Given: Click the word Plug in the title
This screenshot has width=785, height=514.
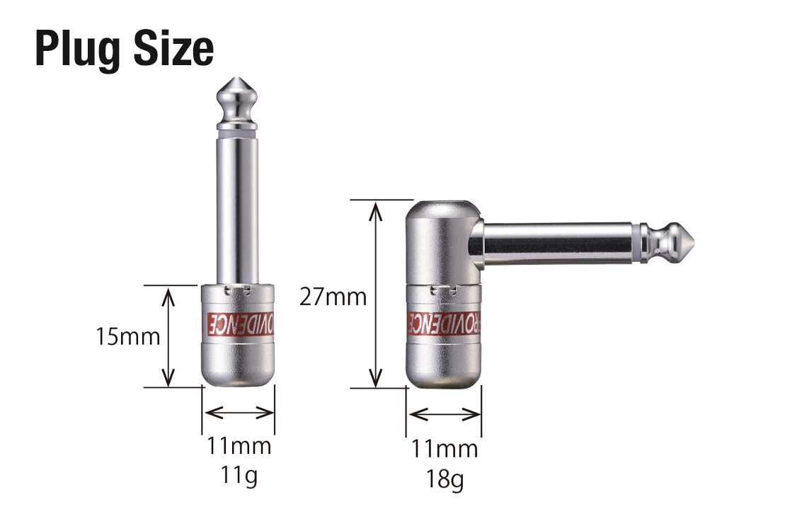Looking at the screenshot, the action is pos(78,49).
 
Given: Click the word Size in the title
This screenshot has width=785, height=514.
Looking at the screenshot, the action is pos(173,48).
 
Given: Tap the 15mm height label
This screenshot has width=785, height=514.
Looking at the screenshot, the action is pos(127,336).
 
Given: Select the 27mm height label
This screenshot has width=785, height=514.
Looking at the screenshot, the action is pos(333,297).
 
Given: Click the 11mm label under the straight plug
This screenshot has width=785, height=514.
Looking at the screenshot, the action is pos(239,445).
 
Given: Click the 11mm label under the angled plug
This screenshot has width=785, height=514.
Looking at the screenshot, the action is pos(445,449).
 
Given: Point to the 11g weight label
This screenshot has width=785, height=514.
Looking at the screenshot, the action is pos(239,475).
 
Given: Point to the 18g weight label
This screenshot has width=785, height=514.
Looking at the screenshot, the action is pos(445,479).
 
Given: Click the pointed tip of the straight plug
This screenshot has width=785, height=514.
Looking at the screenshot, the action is pos(237,78).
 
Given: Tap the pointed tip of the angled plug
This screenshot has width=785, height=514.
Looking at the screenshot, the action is pos(694,243).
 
